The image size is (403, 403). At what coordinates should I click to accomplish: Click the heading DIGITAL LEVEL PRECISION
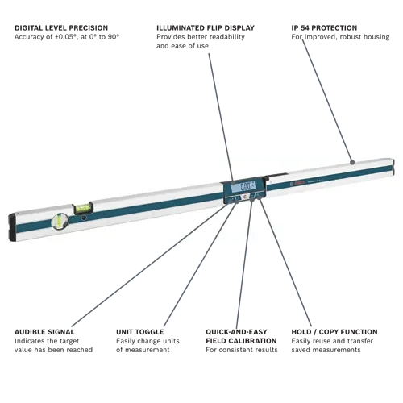[x=61, y=28]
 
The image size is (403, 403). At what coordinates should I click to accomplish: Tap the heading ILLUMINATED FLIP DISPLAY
[x=206, y=28]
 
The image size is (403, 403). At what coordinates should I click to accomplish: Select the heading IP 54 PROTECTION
[x=324, y=28]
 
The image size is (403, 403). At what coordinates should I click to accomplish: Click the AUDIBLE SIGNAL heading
[x=44, y=332]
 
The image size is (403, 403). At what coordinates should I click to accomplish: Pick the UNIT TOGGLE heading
[x=140, y=332]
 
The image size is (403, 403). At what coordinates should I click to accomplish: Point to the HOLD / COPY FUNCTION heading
[x=334, y=332]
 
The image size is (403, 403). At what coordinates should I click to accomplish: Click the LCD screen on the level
[x=243, y=186]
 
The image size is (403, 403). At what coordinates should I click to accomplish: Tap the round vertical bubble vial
[x=60, y=222]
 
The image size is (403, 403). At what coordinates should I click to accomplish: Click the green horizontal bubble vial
[x=82, y=208]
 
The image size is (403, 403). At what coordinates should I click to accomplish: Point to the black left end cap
[x=12, y=226]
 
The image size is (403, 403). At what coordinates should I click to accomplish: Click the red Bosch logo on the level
[x=298, y=184]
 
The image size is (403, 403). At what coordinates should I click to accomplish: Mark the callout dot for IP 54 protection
[x=352, y=162]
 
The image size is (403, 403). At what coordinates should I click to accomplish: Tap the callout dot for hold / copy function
[x=259, y=197]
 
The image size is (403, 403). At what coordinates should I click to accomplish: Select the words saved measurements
[x=326, y=350]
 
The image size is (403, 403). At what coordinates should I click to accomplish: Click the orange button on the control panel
[x=244, y=197]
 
